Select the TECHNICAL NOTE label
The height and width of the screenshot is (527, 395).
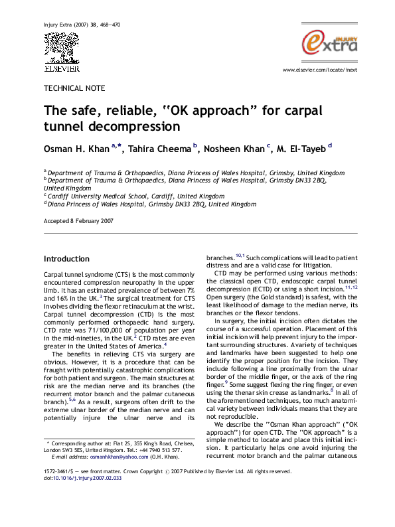74,88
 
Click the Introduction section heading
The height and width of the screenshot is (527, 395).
66,259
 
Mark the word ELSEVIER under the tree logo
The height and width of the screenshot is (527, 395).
62,68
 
